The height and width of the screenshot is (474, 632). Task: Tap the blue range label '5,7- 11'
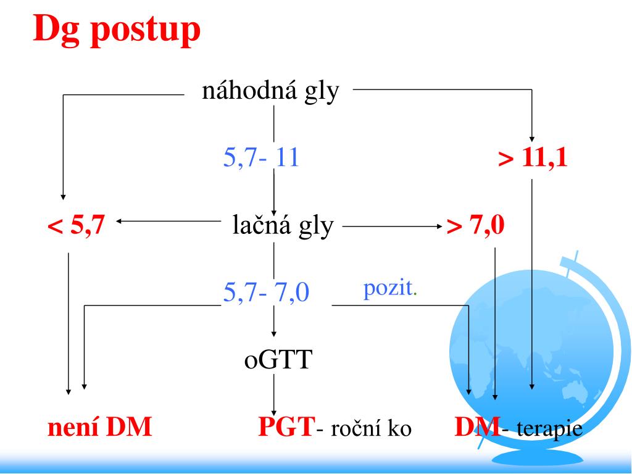click(261, 158)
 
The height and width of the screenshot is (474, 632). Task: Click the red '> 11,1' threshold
click(533, 158)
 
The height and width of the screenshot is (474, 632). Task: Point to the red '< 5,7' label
click(76, 227)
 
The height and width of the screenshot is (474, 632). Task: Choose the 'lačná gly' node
click(283, 226)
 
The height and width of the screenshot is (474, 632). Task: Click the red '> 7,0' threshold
click(476, 227)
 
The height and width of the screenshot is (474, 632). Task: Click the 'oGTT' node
click(276, 359)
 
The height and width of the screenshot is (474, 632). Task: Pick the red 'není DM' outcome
click(100, 427)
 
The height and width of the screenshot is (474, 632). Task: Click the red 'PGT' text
click(286, 427)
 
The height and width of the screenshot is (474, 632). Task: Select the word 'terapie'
click(550, 428)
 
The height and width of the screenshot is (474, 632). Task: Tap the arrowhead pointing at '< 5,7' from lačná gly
click(118, 221)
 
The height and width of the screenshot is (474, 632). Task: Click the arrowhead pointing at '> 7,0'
click(441, 227)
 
